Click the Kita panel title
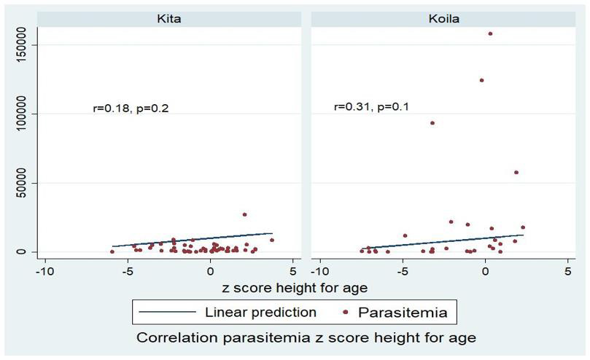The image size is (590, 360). (169, 18)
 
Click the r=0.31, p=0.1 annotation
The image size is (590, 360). (371, 107)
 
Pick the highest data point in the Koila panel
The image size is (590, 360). (490, 34)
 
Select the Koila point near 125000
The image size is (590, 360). (481, 80)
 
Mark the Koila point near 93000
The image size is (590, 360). (432, 123)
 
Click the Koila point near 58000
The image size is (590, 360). (516, 173)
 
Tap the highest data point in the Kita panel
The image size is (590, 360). (244, 215)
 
